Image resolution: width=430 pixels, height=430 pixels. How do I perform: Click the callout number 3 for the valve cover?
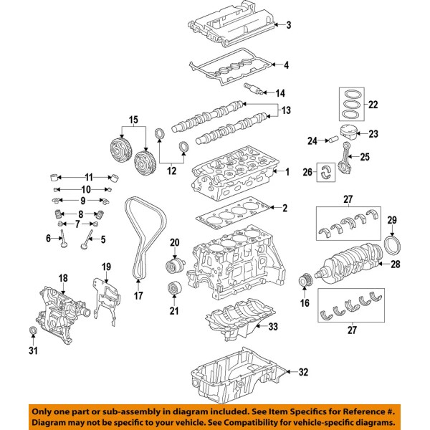[x=288, y=26]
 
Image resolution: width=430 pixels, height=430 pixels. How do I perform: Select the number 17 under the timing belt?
[x=139, y=295]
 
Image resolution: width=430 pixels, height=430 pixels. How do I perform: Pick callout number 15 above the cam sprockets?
[x=132, y=118]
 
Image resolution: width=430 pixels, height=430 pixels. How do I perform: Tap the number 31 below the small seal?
[x=32, y=350]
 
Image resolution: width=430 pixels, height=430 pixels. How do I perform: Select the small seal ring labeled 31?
[x=32, y=330]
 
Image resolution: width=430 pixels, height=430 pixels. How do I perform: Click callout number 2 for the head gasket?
[x=285, y=209]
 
